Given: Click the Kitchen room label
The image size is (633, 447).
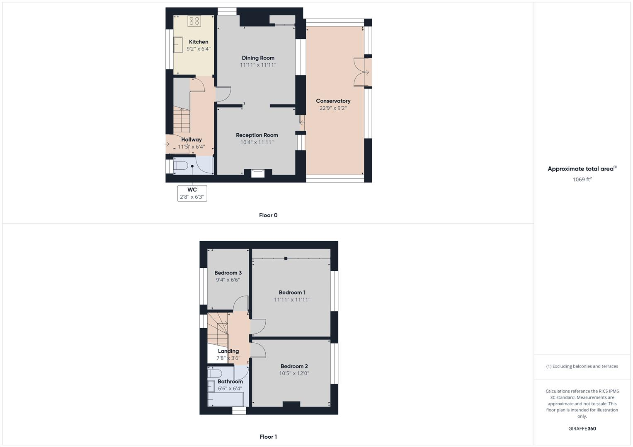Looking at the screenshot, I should point(199,42).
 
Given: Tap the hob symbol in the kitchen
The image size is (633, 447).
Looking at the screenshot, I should point(194,21).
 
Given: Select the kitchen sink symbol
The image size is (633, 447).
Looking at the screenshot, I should point(179,45).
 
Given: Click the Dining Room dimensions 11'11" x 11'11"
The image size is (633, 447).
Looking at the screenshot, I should point(258,65).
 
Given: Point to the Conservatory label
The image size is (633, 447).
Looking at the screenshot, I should point(333,101).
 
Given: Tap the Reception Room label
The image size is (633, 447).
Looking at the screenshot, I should point(257,135).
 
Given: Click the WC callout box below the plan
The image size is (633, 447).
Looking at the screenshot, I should point(192,193).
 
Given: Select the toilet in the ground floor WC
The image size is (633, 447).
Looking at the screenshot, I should point(181,166).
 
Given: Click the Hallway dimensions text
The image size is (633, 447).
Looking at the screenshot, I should point(191,147).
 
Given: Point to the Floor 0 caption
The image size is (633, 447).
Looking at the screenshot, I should point(268,215).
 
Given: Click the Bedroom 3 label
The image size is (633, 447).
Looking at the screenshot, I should point(228,273).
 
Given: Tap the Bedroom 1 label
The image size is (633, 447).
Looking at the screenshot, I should point(292,293).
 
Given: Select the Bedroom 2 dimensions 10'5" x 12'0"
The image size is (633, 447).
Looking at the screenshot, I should point(294,373).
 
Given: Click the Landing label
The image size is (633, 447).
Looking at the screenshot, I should point(228,351).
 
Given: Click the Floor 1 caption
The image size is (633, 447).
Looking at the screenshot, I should point(268,437).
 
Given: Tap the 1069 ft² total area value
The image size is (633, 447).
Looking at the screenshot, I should point(582,179).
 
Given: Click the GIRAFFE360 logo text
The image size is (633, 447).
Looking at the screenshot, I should point(582,428).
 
